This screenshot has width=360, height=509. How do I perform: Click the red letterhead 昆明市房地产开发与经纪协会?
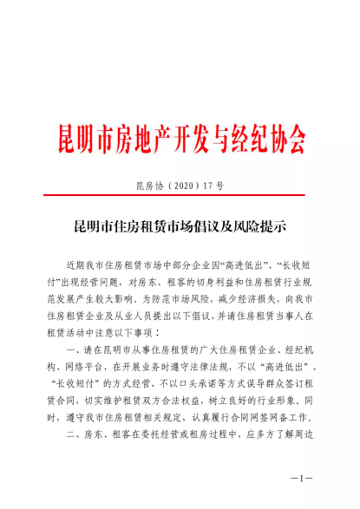point(180,137)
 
